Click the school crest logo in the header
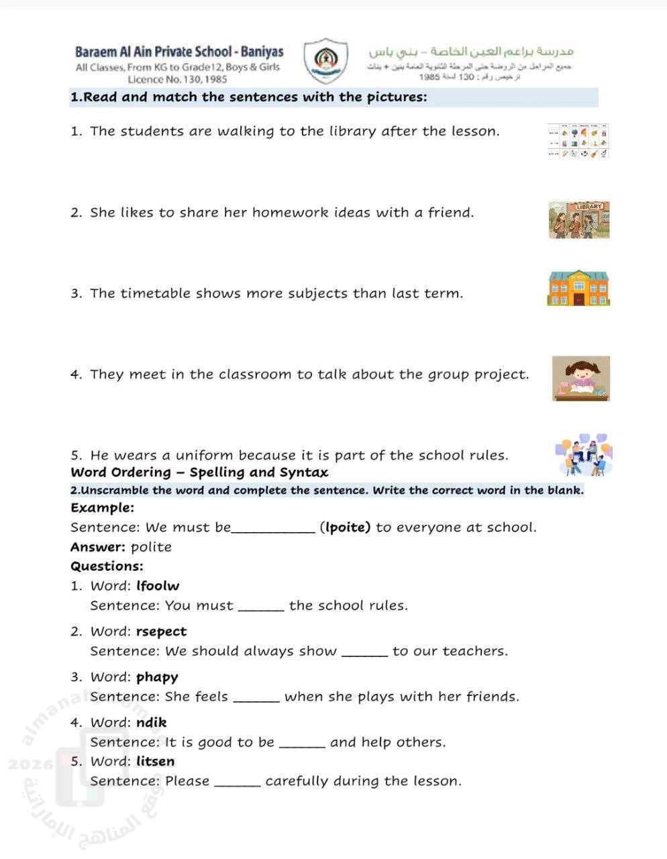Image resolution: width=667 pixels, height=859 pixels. click(x=325, y=61)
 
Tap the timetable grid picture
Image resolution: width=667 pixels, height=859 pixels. click(x=578, y=141)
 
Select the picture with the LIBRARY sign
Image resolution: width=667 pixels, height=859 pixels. click(x=578, y=220)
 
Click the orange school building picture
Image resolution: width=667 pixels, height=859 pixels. click(x=578, y=288)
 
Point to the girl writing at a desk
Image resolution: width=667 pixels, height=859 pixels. click(x=581, y=378)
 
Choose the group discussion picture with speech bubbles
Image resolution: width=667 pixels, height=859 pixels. click(x=584, y=455)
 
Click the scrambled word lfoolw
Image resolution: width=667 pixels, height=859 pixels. click(x=158, y=586)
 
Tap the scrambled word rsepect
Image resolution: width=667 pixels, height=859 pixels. click(x=161, y=631)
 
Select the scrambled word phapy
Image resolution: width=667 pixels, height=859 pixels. click(x=157, y=677)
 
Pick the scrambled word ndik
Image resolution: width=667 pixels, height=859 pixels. click(x=151, y=723)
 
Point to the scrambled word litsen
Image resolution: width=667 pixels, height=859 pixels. click(x=155, y=762)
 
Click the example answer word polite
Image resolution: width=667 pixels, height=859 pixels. click(x=151, y=547)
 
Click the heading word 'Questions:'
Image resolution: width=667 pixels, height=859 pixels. click(x=107, y=566)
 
